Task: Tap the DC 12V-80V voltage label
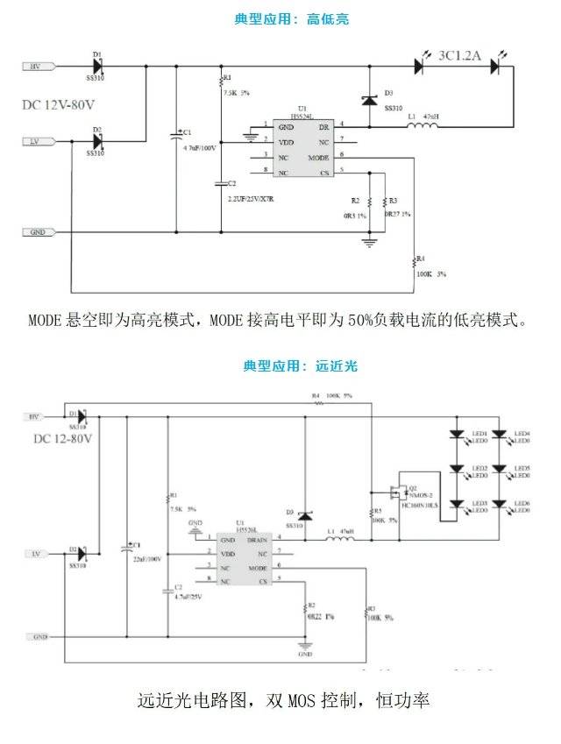click(58, 105)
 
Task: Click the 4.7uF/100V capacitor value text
click(199, 150)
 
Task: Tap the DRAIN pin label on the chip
click(257, 540)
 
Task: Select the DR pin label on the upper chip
click(323, 125)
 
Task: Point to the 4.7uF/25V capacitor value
click(188, 596)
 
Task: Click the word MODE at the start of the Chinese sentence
click(45, 320)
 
